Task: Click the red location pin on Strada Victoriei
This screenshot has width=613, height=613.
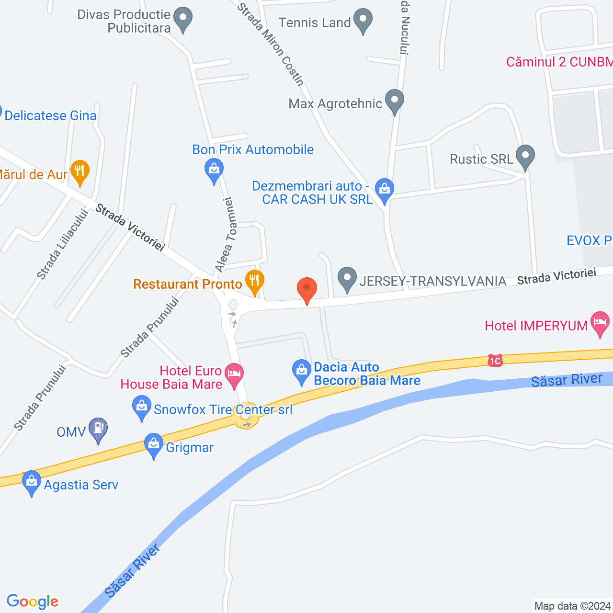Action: point(307,289)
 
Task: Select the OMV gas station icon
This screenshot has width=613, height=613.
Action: point(98,429)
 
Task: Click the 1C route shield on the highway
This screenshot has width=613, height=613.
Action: point(495,361)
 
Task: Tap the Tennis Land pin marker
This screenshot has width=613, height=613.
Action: point(363,20)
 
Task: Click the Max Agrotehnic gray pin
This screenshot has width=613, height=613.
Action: point(394,101)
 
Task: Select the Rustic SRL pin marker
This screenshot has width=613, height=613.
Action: point(525,157)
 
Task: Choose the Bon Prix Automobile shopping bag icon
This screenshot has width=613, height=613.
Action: point(214,170)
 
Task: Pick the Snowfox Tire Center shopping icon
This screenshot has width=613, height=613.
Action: point(141,407)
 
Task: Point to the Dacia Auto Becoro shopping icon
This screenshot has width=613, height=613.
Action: point(301,371)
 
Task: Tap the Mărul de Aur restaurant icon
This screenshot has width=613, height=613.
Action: point(79,171)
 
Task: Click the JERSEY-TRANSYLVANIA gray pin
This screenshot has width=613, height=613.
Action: point(347,278)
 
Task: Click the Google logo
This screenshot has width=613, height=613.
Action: point(33,602)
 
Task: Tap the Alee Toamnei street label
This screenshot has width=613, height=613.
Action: point(226,235)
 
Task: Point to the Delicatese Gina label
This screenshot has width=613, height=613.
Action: point(50,115)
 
